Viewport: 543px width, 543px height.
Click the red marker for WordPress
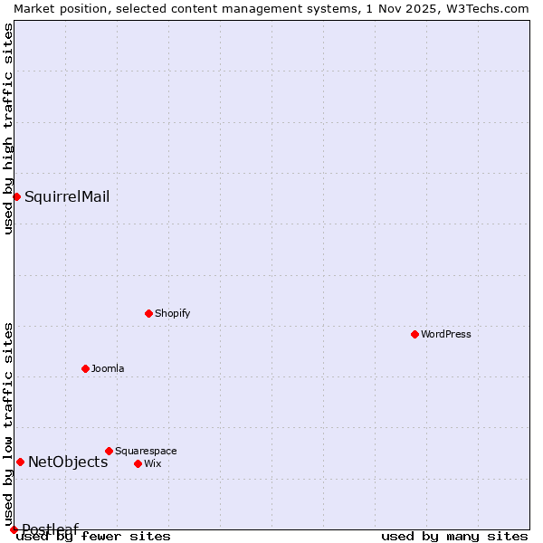[x=414, y=334]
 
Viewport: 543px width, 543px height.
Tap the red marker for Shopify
[x=148, y=313]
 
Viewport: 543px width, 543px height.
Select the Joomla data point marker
[x=85, y=368]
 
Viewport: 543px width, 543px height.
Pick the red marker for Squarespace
[x=109, y=451]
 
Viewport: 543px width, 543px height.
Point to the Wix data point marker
[x=138, y=463]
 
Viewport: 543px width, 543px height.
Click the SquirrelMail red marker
[x=16, y=196]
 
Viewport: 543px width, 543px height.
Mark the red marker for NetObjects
[x=20, y=462]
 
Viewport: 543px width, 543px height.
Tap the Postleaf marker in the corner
[x=14, y=529]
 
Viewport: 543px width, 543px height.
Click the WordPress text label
[x=446, y=334]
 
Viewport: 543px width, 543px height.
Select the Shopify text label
[x=172, y=313]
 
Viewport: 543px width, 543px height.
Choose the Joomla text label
[x=108, y=368]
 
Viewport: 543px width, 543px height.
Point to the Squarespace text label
[x=146, y=451]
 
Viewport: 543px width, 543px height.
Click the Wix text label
[x=152, y=463]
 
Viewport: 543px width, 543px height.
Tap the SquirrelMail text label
[x=67, y=196]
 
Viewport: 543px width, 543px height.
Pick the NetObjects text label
[x=68, y=462]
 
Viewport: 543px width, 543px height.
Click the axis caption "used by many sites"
[x=454, y=536]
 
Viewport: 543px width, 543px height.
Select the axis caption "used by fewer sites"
[x=94, y=536]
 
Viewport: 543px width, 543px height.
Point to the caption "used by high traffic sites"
[x=8, y=129]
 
